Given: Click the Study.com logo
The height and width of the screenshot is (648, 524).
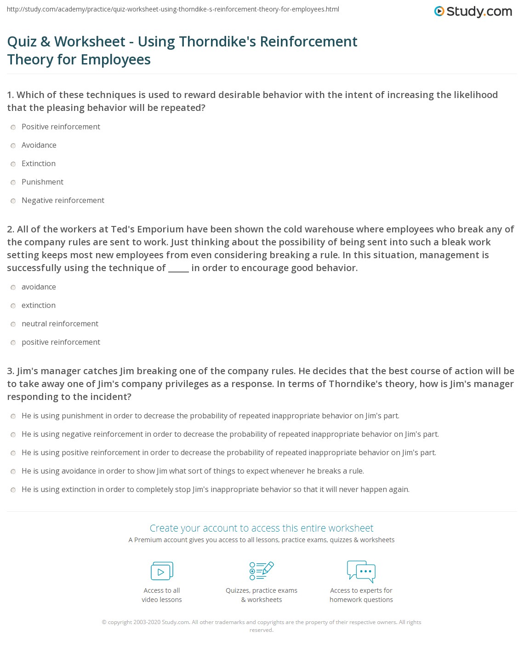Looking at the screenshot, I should (473, 12).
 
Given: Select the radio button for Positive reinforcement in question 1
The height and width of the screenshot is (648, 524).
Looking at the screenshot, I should (13, 127).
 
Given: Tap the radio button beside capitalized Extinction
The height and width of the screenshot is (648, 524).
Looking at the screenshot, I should (13, 164).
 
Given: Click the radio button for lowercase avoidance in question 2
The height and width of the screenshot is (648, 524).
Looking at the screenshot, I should (13, 288).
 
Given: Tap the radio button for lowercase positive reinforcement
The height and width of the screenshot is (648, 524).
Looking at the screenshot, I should (13, 343).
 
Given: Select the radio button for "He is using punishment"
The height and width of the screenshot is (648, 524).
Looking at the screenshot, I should (13, 417).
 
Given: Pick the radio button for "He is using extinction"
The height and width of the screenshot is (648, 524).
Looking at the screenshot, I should (13, 490).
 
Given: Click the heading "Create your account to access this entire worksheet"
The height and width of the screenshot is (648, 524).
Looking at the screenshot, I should (262, 528).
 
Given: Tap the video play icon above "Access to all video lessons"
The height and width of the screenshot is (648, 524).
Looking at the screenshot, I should (162, 571).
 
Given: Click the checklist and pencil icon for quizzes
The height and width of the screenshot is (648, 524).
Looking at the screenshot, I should (262, 571).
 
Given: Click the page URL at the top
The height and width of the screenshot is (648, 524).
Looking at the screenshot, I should (173, 9).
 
